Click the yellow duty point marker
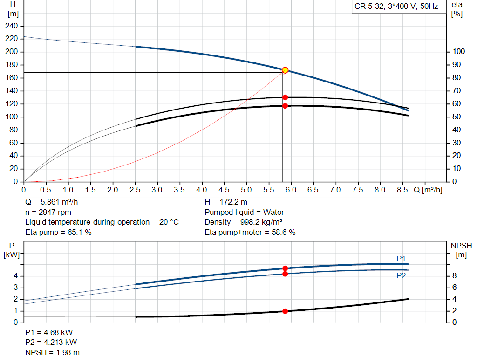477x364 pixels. click(x=285, y=70)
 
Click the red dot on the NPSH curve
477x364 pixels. click(x=285, y=311)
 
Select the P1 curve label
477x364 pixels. click(x=401, y=259)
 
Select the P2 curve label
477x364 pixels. click(x=401, y=275)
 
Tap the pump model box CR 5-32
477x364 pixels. click(x=396, y=7)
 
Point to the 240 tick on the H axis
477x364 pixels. click(x=12, y=26)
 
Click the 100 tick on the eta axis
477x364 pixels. click(x=458, y=52)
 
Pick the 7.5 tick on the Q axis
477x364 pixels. click(x=357, y=190)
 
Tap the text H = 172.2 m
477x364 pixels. click(x=226, y=202)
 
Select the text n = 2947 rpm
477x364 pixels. click(x=48, y=212)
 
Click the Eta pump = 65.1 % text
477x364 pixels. click(x=58, y=232)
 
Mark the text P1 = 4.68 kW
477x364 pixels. click(x=49, y=333)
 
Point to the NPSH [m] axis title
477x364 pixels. click(x=461, y=250)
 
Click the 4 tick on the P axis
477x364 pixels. click(x=16, y=276)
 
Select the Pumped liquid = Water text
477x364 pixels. click(x=244, y=212)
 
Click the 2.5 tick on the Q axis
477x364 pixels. click(x=135, y=190)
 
